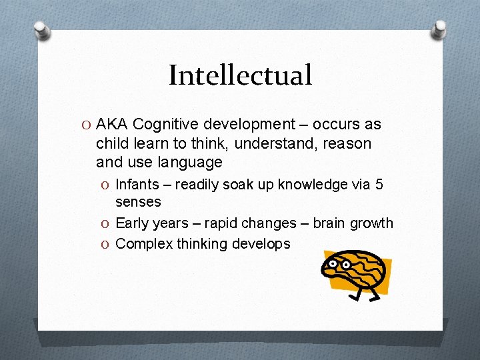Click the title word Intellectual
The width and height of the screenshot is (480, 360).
click(240, 75)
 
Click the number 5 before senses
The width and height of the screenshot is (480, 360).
click(379, 185)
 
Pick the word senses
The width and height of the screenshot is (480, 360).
click(138, 201)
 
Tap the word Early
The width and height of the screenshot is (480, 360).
click(132, 223)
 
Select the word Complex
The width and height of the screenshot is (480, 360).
click(144, 244)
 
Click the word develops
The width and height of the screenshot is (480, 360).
click(261, 244)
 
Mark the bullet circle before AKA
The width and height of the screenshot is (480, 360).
click(87, 125)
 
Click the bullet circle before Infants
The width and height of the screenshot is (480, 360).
click(106, 185)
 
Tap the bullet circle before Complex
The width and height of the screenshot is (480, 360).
click(106, 244)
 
